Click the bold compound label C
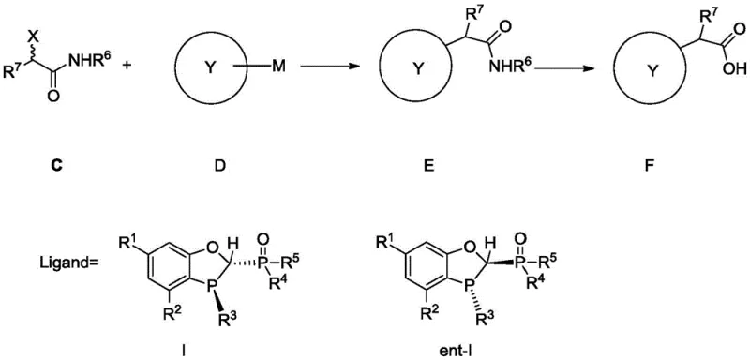tap(54, 172)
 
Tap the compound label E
tap(419, 172)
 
